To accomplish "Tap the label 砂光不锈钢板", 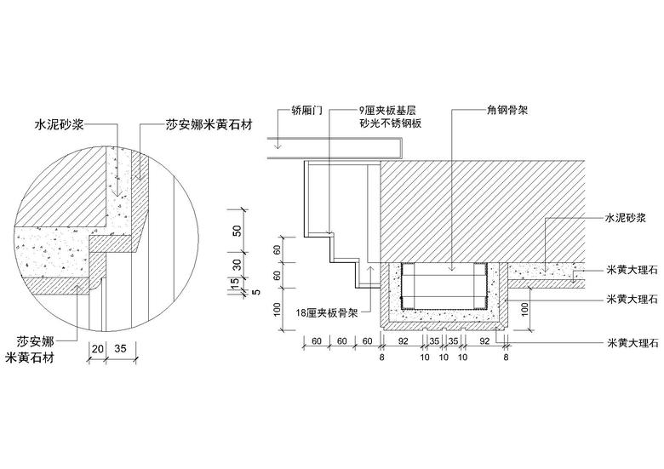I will tap(394, 124).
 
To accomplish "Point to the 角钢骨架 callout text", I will tap(507, 110).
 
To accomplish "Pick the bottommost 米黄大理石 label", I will tap(631, 343).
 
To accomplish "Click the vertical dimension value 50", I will tap(238, 229).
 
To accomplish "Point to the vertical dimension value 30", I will tap(238, 264).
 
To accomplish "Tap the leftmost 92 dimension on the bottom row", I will tap(404, 341).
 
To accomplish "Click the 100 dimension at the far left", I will tap(277, 307).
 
